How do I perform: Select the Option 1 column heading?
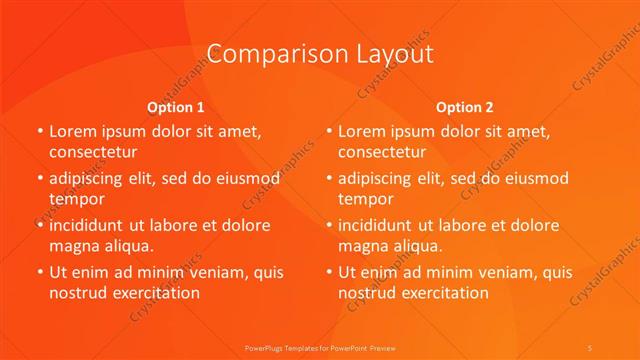(x=176, y=106)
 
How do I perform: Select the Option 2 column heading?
(x=465, y=106)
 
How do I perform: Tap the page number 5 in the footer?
(x=591, y=347)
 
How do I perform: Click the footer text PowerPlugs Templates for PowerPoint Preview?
(x=320, y=347)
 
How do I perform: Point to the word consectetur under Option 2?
(x=382, y=152)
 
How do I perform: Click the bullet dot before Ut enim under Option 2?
(x=329, y=272)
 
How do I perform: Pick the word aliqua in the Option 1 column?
(x=125, y=246)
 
